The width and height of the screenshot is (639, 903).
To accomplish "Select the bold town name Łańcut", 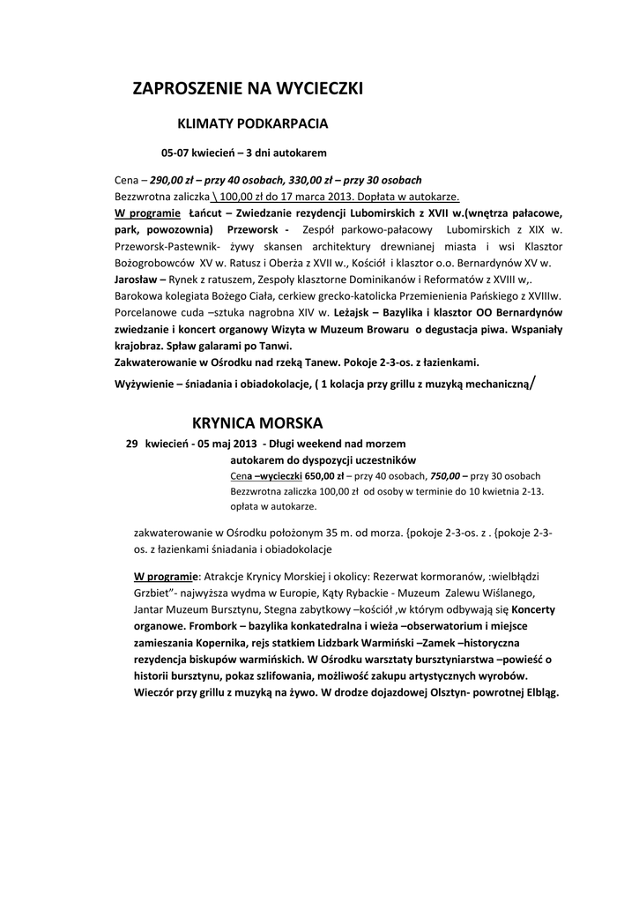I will (x=205, y=213).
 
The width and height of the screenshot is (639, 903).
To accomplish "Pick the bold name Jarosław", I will (x=137, y=279).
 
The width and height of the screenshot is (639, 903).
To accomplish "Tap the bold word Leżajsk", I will (x=353, y=312).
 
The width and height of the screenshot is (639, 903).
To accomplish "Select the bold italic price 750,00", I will (x=447, y=475).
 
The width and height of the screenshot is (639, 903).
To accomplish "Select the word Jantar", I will (x=151, y=608).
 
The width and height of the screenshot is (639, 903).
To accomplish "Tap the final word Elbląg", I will (x=537, y=692).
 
